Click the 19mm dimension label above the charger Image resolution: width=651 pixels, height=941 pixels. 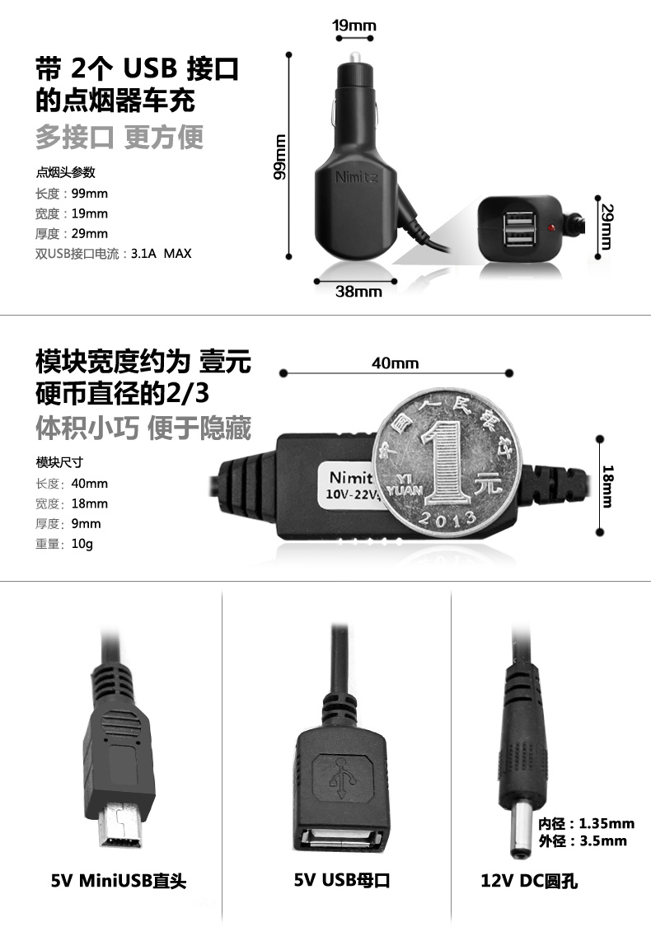pyautogui.click(x=354, y=26)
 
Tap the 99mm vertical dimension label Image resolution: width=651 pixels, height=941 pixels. pyautogui.click(x=279, y=157)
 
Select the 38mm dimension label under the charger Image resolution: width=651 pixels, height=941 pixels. pyautogui.click(x=358, y=292)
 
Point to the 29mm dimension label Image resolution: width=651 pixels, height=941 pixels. pyautogui.click(x=607, y=227)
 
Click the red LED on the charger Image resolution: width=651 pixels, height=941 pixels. pyautogui.click(x=550, y=228)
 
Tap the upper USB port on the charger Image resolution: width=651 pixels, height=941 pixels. pyautogui.click(x=520, y=220)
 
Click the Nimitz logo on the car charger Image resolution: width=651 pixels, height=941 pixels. pyautogui.click(x=357, y=177)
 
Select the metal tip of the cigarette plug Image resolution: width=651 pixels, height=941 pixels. pyautogui.click(x=354, y=59)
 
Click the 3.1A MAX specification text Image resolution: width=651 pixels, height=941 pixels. pyautogui.click(x=161, y=253)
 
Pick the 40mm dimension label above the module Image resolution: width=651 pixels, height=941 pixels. pyautogui.click(x=395, y=363)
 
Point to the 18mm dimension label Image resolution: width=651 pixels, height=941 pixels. pyautogui.click(x=607, y=486)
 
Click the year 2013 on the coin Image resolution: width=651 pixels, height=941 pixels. pyautogui.click(x=447, y=517)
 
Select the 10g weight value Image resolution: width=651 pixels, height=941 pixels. pyautogui.click(x=82, y=544)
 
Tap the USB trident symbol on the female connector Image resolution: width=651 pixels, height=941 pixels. pyautogui.click(x=342, y=774)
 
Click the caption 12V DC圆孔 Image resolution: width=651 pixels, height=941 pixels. pyautogui.click(x=529, y=881)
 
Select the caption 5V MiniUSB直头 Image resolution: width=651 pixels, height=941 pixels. pyautogui.click(x=119, y=881)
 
